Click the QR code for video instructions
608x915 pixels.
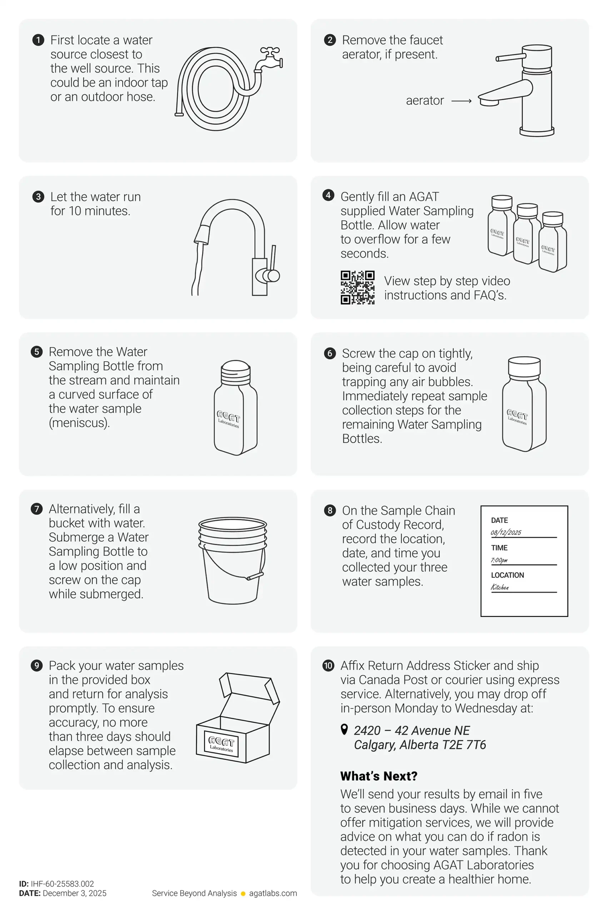tap(357, 287)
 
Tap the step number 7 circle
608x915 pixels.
tap(37, 509)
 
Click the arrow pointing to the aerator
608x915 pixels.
tap(462, 101)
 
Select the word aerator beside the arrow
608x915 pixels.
tap(425, 100)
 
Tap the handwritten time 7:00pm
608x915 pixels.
tap(499, 560)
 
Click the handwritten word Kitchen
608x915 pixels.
tap(500, 587)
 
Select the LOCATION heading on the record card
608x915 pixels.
tap(507, 575)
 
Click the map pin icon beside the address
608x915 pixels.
tap(344, 729)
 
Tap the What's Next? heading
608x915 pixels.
tap(378, 776)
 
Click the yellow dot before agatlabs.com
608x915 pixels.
tap(243, 894)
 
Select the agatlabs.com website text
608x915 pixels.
tap(273, 893)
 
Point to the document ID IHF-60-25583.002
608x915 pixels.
tap(62, 884)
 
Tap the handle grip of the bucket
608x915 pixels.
tap(255, 576)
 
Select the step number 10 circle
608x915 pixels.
tap(328, 666)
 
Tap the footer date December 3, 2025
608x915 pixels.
tap(74, 893)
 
